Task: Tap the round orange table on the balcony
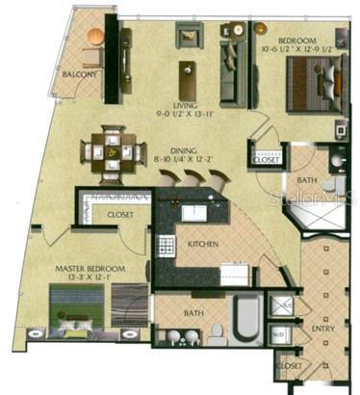[93, 36]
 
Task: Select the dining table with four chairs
[113, 150]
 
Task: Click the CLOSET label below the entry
[288, 366]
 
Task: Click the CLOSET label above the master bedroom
[120, 214]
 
